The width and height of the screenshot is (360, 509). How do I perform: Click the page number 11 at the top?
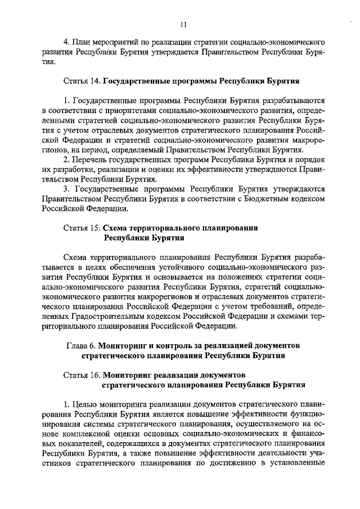tap(183, 24)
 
